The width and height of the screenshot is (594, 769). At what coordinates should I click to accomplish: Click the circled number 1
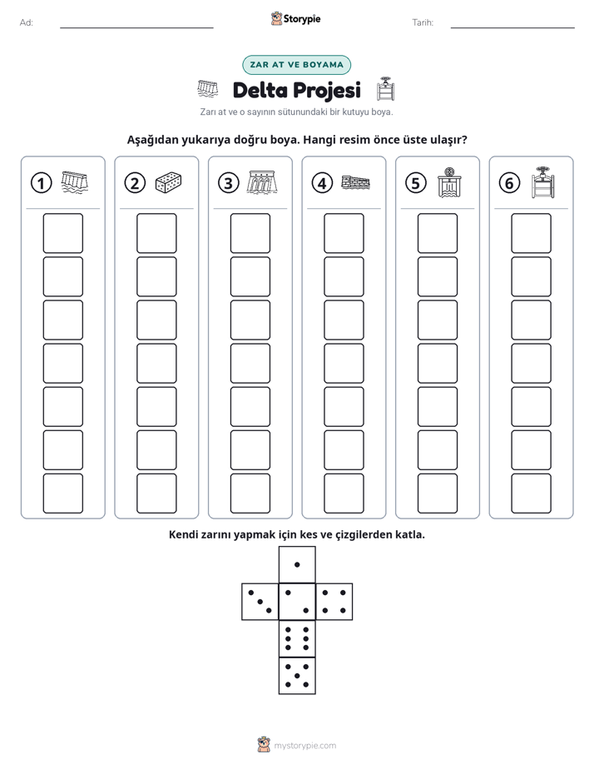pyautogui.click(x=41, y=183)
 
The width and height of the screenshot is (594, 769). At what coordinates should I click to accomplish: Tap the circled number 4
pyautogui.click(x=322, y=183)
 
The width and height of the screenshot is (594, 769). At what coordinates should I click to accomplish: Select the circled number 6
pyautogui.click(x=509, y=183)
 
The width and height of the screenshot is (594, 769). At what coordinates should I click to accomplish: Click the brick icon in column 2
pyautogui.click(x=169, y=182)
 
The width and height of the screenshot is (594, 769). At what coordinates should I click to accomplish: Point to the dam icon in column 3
pyautogui.click(x=262, y=182)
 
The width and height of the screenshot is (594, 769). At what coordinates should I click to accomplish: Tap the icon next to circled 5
pyautogui.click(x=449, y=182)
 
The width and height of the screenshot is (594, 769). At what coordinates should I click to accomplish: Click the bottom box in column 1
pyautogui.click(x=62, y=494)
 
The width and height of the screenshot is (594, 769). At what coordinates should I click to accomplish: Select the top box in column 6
pyautogui.click(x=531, y=233)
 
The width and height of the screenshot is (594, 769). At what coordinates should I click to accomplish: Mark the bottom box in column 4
pyautogui.click(x=344, y=494)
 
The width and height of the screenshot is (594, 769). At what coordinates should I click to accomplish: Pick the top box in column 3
pyautogui.click(x=250, y=233)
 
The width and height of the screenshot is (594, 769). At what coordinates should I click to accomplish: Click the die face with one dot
pyautogui.click(x=297, y=564)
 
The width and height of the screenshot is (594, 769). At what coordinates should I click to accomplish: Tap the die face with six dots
pyautogui.click(x=297, y=638)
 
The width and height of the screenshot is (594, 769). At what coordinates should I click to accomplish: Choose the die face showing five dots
pyautogui.click(x=297, y=675)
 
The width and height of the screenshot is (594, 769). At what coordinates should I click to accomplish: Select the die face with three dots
pyautogui.click(x=260, y=601)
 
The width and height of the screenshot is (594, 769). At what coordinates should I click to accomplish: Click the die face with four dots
pyautogui.click(x=334, y=601)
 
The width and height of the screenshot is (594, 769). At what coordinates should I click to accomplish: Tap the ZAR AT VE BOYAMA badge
pyautogui.click(x=296, y=65)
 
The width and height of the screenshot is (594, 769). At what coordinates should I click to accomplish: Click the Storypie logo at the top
pyautogui.click(x=295, y=18)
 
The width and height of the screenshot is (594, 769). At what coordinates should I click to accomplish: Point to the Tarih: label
pyautogui.click(x=423, y=22)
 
